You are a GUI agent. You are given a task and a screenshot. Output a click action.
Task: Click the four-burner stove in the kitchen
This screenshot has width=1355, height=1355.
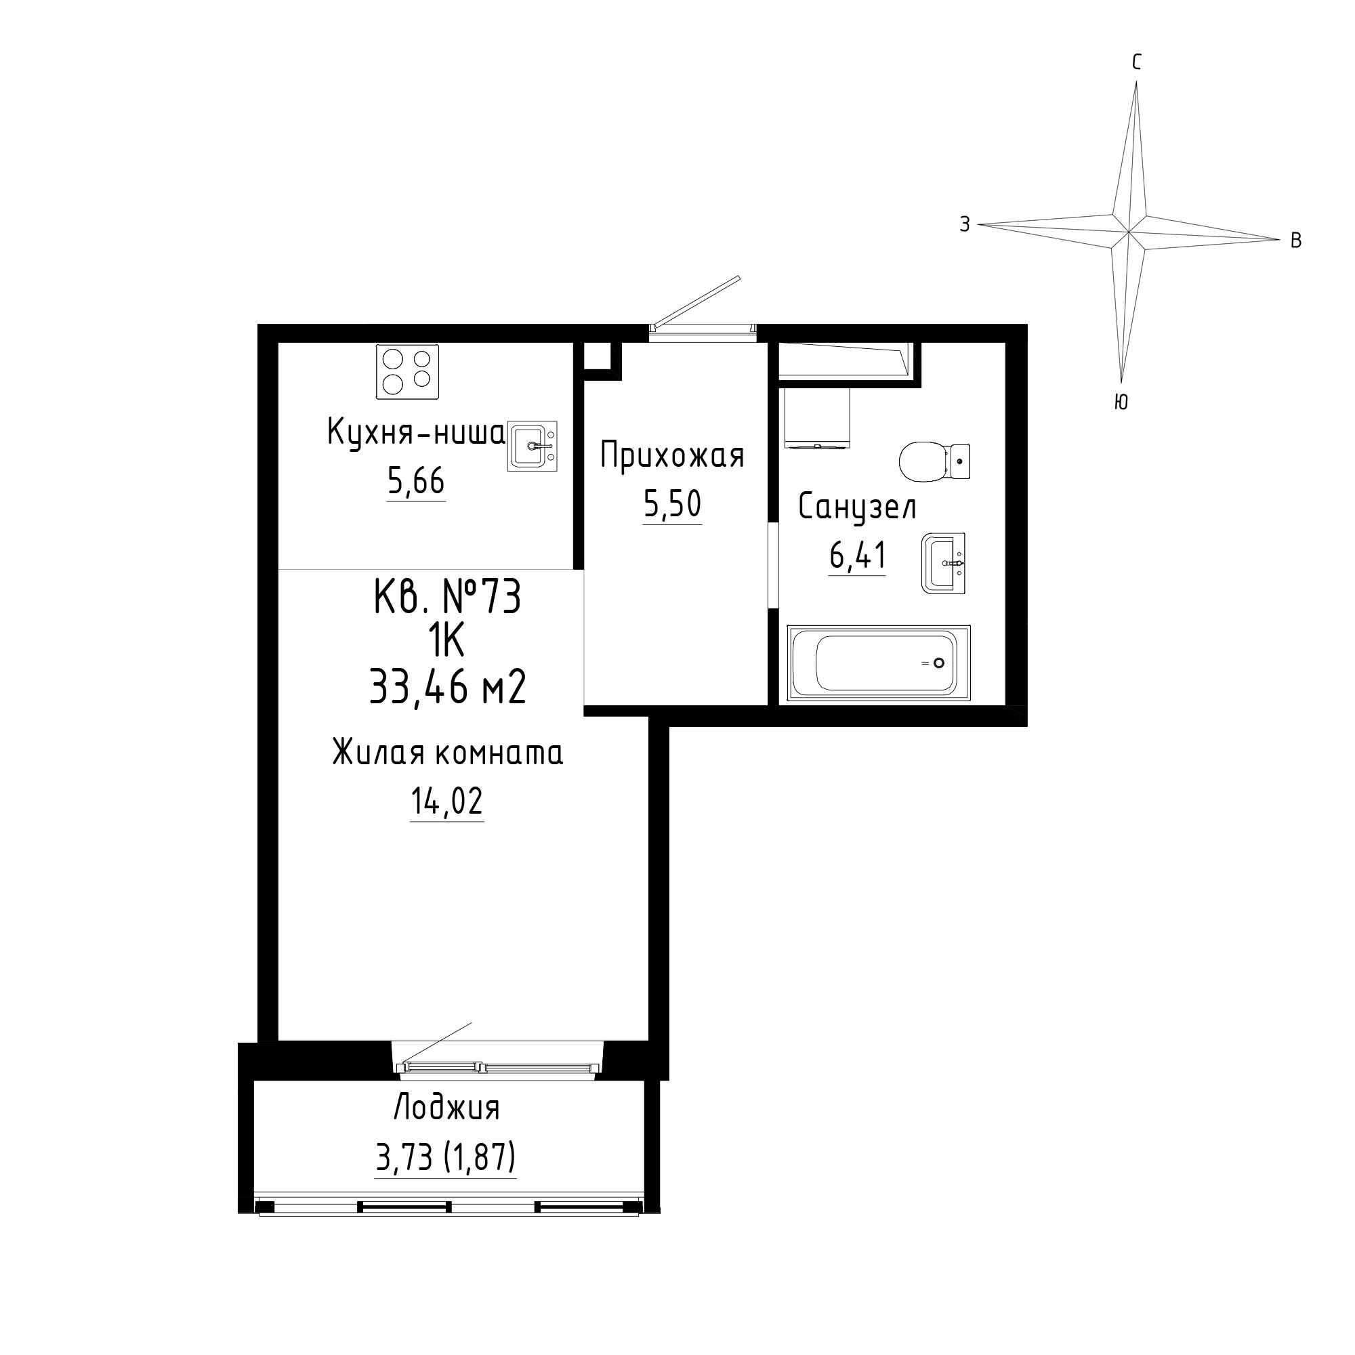point(407,372)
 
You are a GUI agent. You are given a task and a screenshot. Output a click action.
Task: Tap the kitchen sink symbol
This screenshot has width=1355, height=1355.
point(533,446)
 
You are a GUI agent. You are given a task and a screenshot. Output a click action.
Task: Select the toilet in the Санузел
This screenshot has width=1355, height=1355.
point(935,461)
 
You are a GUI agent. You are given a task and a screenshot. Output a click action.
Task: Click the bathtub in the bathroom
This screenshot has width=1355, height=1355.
point(879,663)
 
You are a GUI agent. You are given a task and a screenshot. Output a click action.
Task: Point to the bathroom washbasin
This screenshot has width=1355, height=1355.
point(943,562)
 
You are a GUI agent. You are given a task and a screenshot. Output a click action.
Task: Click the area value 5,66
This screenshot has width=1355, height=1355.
point(417,482)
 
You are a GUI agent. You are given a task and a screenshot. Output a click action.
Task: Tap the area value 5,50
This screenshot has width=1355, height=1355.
point(673,504)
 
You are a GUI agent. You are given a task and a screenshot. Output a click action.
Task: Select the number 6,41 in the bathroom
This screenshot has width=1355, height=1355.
point(858,556)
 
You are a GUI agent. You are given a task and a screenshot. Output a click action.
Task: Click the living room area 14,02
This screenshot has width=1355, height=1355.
point(447,801)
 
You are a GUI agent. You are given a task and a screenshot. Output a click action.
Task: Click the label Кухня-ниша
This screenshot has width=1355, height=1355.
point(416,433)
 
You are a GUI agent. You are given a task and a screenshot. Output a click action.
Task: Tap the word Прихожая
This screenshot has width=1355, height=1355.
point(672,455)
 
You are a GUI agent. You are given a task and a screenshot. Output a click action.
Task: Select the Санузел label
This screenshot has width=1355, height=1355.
point(857,507)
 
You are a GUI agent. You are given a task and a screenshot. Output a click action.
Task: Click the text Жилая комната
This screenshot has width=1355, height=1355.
point(447,753)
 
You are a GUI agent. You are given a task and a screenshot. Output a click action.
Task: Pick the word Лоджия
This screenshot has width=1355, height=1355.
point(446,1109)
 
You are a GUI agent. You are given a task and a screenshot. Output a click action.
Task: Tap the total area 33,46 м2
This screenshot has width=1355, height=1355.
point(447,686)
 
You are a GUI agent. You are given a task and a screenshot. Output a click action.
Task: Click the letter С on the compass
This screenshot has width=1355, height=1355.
point(1137,62)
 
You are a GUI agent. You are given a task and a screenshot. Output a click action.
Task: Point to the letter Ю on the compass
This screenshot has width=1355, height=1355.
point(1121,401)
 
